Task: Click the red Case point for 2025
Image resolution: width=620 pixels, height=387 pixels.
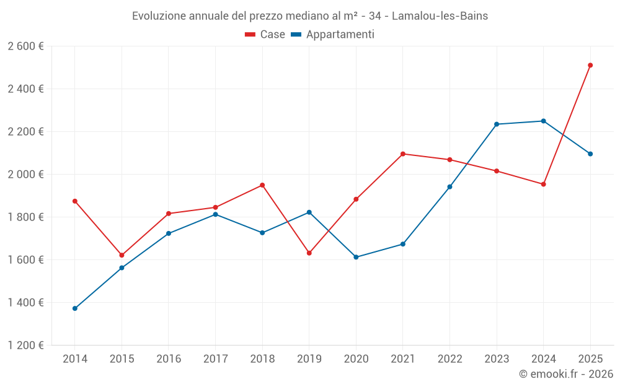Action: point(590,65)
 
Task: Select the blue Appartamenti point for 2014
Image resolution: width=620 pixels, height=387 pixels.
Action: point(75,308)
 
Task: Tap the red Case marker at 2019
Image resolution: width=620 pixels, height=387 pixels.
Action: point(309,253)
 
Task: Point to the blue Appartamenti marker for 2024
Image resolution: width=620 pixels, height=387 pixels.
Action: point(544,121)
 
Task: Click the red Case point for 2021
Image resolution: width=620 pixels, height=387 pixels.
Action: point(403,154)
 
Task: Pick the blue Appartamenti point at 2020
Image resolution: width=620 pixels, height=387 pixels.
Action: point(356,257)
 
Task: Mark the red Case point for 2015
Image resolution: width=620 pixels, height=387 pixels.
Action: point(122,255)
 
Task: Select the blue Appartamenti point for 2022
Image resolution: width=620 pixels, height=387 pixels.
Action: point(449,187)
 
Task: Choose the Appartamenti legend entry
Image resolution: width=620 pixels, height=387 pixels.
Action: point(333,35)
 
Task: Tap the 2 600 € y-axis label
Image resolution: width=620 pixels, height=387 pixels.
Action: point(25,46)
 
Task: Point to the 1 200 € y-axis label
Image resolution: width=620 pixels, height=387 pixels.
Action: point(25,346)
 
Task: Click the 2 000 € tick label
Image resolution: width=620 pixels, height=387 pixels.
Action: point(25,174)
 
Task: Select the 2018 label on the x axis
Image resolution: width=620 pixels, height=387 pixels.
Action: point(262,359)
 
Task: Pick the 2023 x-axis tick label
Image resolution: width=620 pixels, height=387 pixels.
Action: point(497,359)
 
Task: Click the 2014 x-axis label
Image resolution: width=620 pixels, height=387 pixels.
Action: point(75,359)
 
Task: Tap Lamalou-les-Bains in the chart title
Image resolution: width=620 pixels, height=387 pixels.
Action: point(440,16)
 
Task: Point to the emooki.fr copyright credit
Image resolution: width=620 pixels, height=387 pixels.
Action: point(565,374)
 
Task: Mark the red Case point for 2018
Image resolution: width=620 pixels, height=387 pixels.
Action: point(262,185)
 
